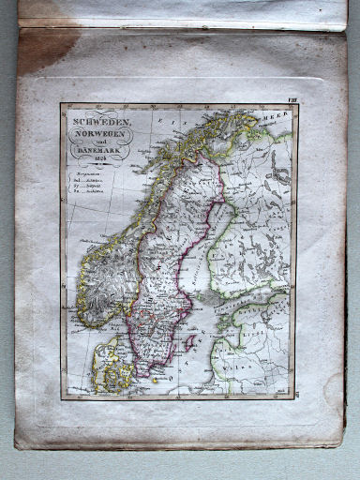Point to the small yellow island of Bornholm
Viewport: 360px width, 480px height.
[x=155, y=379]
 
